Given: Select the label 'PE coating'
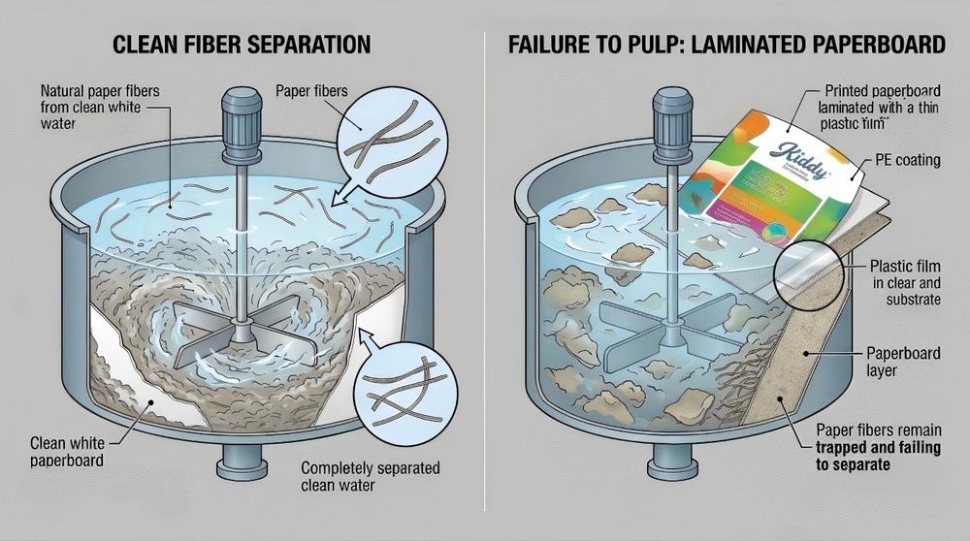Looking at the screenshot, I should click(906, 160).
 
